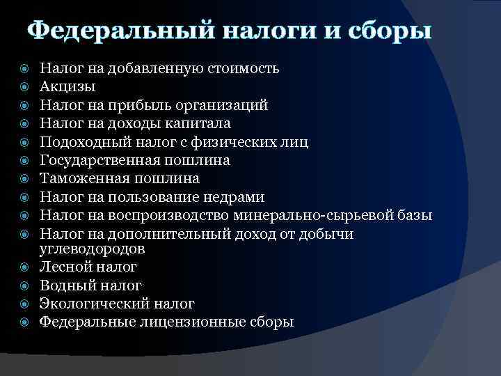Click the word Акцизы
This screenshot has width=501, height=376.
click(67, 87)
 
